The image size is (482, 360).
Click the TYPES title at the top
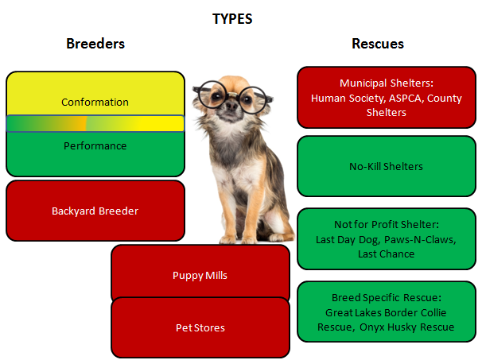click(x=232, y=18)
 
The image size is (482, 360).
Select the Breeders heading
click(x=95, y=44)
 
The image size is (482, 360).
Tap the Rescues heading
click(x=377, y=44)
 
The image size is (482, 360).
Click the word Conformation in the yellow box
click(x=95, y=103)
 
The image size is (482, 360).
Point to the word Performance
click(x=95, y=146)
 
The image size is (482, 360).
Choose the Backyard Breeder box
click(x=95, y=211)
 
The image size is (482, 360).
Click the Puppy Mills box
click(x=200, y=275)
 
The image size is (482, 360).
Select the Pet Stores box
click(x=200, y=327)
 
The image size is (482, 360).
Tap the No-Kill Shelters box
click(x=386, y=167)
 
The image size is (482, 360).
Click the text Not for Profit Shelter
click(x=386, y=224)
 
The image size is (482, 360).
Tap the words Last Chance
click(x=386, y=254)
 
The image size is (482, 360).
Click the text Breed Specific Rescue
click(x=386, y=297)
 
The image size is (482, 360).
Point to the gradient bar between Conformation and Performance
click(x=95, y=123)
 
